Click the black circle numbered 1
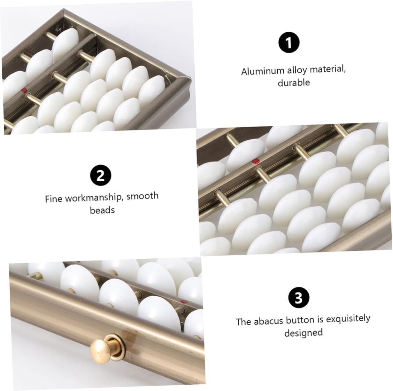click(289, 43)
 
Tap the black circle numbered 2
click(101, 175)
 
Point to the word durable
click(294, 83)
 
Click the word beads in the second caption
click(102, 210)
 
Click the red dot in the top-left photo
click(25, 90)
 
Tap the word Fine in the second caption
click(53, 199)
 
